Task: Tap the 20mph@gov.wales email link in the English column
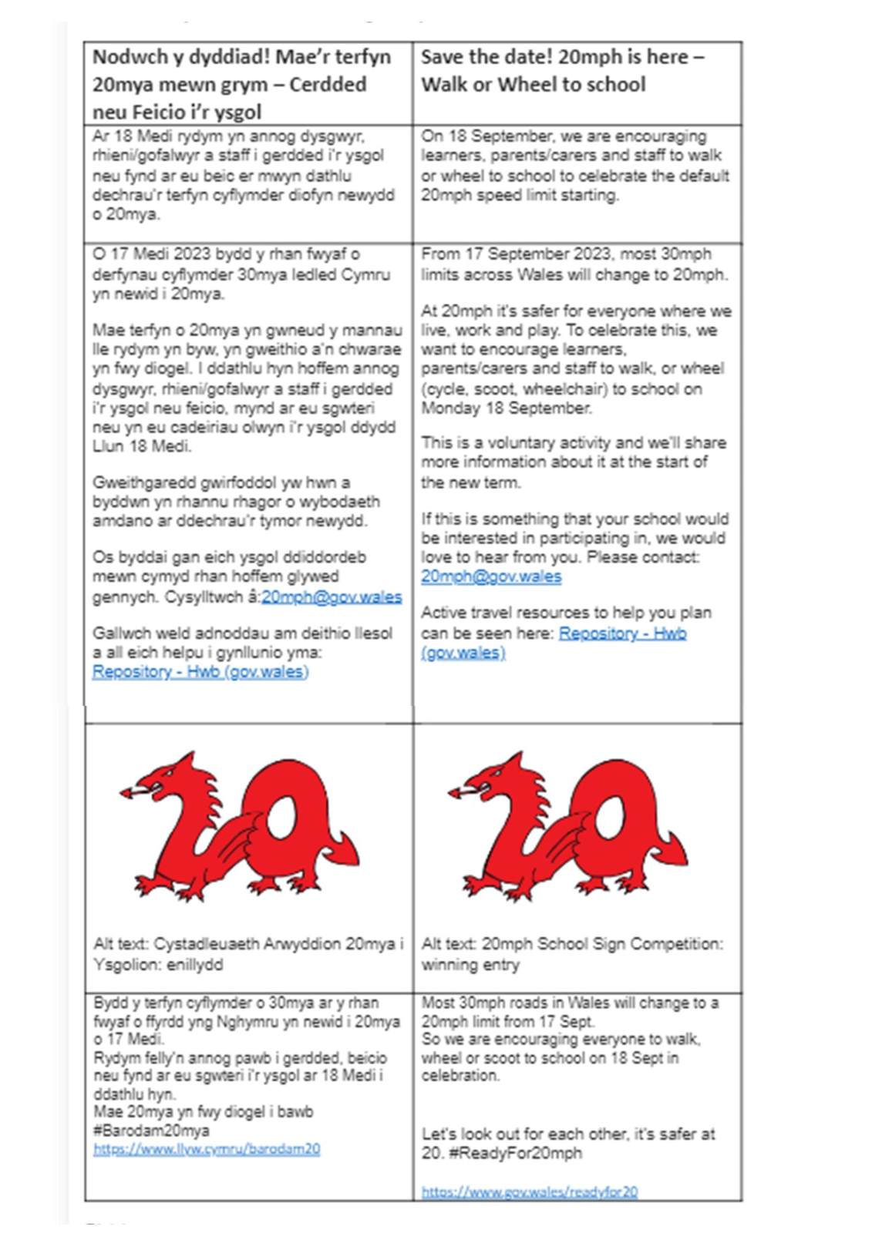point(491,576)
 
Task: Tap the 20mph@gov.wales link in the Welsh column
point(332,596)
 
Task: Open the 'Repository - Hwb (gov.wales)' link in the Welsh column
point(200,671)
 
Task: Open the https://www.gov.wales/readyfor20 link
point(530,1191)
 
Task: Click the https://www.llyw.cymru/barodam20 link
point(207,1149)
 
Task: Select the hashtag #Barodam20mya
point(151,1131)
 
